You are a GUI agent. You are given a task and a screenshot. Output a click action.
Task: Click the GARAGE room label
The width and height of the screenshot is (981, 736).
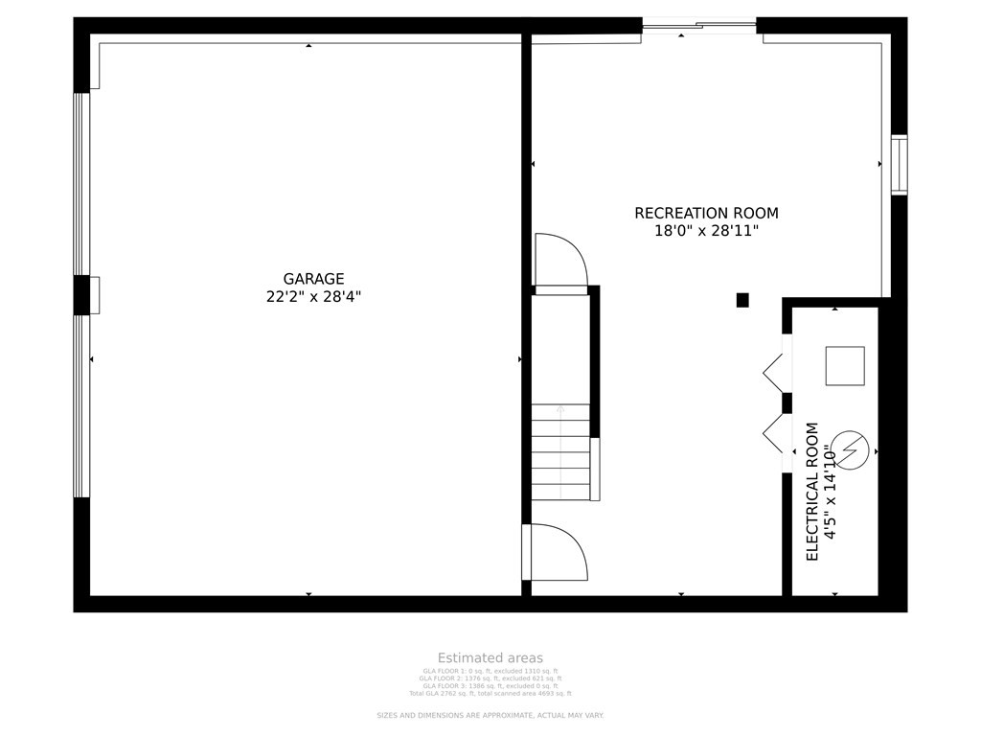[x=313, y=279]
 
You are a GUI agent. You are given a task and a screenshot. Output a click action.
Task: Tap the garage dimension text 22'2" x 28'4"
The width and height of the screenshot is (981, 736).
[x=313, y=297]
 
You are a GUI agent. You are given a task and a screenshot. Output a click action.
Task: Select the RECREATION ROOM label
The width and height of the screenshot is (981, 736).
[x=706, y=213]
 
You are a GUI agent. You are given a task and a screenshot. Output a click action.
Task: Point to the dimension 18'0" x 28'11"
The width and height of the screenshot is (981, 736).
[x=706, y=231]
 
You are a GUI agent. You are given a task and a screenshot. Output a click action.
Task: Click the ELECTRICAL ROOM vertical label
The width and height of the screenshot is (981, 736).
[x=812, y=491]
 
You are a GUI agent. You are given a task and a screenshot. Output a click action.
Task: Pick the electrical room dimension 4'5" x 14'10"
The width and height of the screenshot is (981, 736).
[x=831, y=491]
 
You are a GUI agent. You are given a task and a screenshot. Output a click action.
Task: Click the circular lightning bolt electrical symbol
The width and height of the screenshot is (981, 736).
[x=850, y=449]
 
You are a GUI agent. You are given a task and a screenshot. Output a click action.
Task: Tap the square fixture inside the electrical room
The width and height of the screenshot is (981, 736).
[x=845, y=365]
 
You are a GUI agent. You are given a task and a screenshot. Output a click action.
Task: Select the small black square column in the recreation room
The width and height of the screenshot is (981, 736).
[x=742, y=300]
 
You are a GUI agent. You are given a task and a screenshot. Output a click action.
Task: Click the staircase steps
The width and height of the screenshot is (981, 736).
[x=560, y=450]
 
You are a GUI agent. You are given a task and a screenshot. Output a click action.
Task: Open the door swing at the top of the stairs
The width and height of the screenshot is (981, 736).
[x=560, y=261]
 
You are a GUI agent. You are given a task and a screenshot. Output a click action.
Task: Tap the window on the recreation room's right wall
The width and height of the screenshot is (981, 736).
[x=899, y=165]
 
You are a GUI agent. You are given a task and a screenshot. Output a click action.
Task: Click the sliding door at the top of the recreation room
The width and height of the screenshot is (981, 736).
[x=699, y=26]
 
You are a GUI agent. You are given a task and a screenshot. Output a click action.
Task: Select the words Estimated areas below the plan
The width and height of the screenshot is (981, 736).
[x=490, y=657]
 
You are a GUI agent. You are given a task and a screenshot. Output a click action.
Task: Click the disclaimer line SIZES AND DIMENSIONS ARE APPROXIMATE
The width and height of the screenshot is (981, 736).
[x=490, y=715]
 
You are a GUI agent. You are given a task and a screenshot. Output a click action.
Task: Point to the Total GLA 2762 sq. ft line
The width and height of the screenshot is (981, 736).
[x=490, y=693]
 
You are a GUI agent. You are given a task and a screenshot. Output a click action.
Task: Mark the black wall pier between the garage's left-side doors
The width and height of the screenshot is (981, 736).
[x=81, y=295]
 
